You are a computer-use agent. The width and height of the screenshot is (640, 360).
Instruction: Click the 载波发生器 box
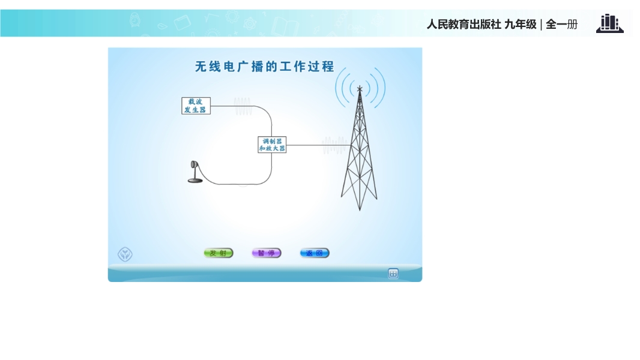196,106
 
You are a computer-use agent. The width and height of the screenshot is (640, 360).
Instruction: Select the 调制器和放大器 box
272,145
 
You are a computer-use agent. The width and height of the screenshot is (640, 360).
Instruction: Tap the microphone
195,172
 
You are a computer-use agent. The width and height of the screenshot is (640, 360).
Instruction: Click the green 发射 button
219,253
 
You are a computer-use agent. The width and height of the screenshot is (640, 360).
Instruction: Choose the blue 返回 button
314,253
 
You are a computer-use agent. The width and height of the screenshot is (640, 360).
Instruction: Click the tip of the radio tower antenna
360,86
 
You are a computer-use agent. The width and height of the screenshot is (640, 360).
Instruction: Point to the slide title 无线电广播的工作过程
265,67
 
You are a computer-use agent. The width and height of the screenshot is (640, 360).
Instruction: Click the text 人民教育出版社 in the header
463,25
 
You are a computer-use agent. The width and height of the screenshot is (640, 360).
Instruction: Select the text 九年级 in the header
521,25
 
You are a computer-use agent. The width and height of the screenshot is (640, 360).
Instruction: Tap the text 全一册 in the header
561,25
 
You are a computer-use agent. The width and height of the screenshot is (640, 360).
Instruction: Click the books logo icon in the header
610,23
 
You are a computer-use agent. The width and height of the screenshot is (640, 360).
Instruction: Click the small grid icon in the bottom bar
393,274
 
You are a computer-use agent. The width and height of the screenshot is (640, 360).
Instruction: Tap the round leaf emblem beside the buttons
125,254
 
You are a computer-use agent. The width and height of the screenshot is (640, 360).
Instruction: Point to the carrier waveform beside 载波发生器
243,106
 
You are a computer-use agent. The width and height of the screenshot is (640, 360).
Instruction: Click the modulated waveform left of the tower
334,145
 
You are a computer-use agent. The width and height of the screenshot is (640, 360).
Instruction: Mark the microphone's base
195,181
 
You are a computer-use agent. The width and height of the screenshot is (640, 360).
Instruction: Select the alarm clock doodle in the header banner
135,20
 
